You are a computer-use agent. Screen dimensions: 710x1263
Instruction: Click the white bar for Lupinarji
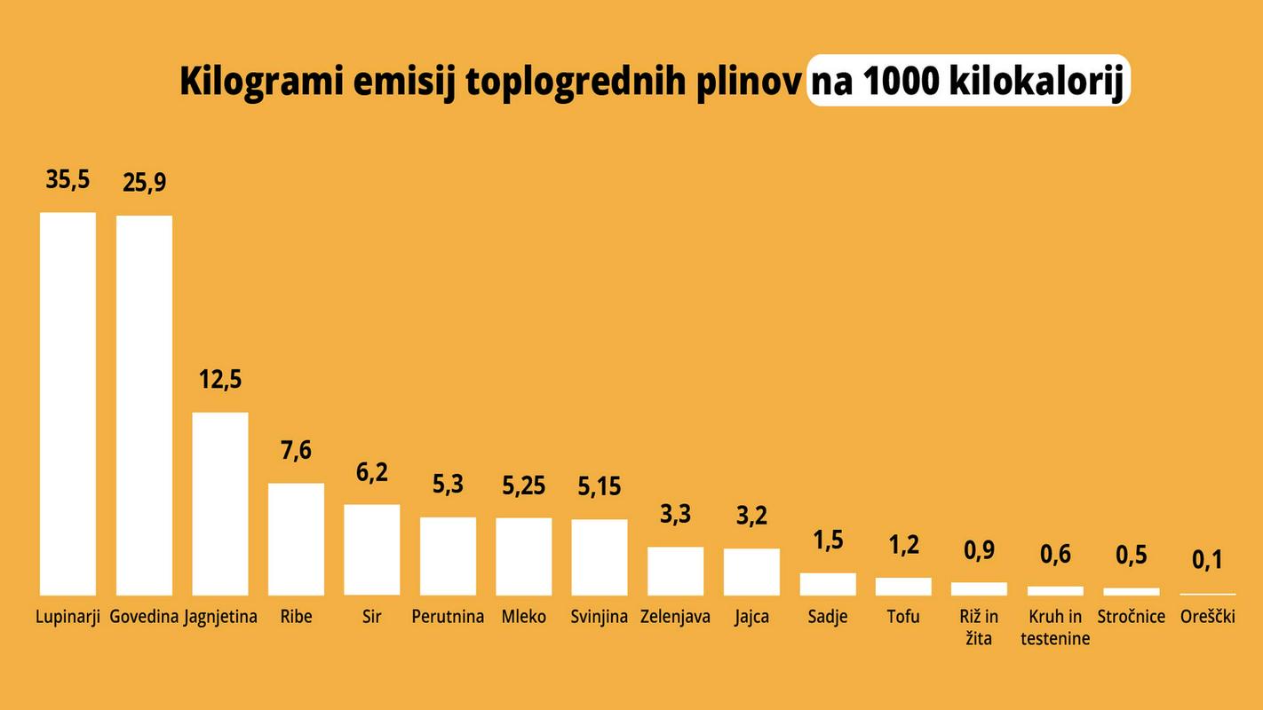(x=68, y=404)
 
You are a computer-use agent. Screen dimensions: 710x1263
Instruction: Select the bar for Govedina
(x=144, y=406)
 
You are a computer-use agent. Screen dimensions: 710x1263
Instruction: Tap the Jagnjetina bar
(x=220, y=503)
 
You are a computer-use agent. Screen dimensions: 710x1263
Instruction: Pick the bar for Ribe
(x=296, y=539)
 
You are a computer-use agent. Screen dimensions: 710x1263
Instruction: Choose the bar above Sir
(x=372, y=549)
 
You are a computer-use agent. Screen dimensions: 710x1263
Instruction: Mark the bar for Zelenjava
(x=675, y=571)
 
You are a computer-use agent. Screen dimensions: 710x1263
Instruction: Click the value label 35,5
(x=68, y=179)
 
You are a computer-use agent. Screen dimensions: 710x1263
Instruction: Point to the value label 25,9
(x=144, y=183)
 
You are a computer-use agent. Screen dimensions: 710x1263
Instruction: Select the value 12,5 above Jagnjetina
(x=220, y=379)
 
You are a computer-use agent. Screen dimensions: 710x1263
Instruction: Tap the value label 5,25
(x=523, y=485)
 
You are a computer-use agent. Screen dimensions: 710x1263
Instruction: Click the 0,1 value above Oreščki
(x=1207, y=560)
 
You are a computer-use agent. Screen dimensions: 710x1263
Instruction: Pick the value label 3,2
(x=751, y=516)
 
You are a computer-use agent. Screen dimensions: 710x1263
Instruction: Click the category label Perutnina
(x=448, y=616)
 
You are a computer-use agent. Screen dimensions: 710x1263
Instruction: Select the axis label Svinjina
(x=600, y=616)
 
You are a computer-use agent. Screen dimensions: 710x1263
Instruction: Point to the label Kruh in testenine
(x=1055, y=627)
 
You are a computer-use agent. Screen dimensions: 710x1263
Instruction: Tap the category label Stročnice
(x=1131, y=616)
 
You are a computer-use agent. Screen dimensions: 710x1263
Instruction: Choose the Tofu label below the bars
(x=903, y=616)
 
